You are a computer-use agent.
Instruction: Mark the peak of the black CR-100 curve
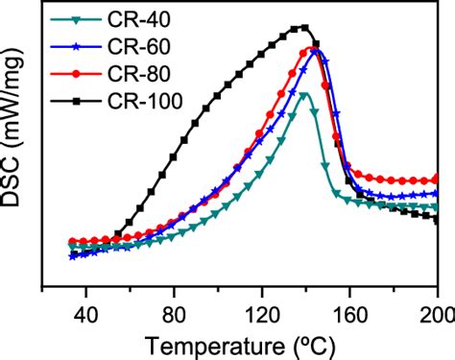tap(304, 27)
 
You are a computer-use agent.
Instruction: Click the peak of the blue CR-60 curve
tap(317, 51)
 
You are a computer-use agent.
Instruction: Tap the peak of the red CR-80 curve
tap(312, 48)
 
